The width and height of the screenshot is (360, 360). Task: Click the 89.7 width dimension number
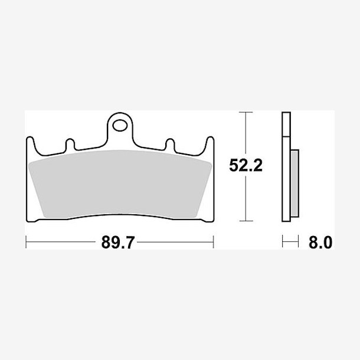118,242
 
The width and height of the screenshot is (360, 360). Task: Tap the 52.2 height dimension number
246,165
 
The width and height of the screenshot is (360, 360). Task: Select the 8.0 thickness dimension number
320,243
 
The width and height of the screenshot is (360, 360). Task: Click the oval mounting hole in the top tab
120,125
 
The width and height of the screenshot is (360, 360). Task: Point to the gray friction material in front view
120,184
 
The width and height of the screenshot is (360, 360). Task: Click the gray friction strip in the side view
294,183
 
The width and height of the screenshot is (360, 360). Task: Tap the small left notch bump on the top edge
70,144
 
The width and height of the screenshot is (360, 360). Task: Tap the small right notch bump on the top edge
170,144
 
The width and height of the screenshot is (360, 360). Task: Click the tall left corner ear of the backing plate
31,144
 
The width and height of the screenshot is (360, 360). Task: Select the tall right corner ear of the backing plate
210,144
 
